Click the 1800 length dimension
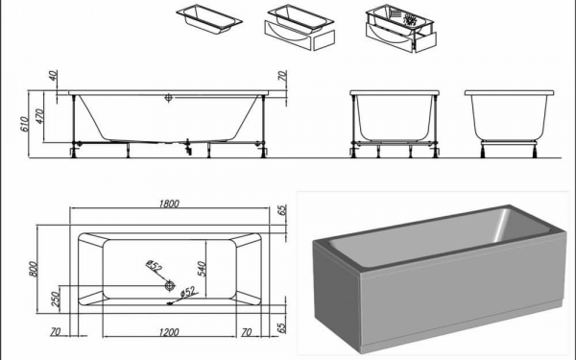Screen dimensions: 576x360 pyautogui.click(x=169, y=204)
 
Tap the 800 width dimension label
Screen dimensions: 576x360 pyautogui.click(x=33, y=269)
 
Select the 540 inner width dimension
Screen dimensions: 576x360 pyautogui.click(x=201, y=269)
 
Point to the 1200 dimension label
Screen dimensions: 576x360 pyautogui.click(x=169, y=332)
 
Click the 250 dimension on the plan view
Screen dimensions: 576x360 pyautogui.click(x=56, y=300)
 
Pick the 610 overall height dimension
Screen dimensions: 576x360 pyautogui.click(x=24, y=124)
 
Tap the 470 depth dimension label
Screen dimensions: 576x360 pyautogui.click(x=39, y=116)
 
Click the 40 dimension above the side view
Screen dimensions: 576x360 pyautogui.click(x=53, y=76)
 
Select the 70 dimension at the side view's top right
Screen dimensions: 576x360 pyautogui.click(x=282, y=76)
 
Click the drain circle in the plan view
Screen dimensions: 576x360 pyautogui.click(x=170, y=285)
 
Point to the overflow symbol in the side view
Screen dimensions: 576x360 pyautogui.click(x=168, y=98)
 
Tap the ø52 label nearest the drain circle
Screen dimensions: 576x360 pyautogui.click(x=154, y=265)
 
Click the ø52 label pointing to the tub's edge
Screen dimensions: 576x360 pyautogui.click(x=188, y=292)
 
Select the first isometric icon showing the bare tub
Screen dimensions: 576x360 pyautogui.click(x=209, y=19)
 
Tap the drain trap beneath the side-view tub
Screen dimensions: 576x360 pyautogui.click(x=188, y=147)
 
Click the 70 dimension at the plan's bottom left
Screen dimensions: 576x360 pyautogui.click(x=55, y=332)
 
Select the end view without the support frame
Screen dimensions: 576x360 pyautogui.click(x=509, y=124)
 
